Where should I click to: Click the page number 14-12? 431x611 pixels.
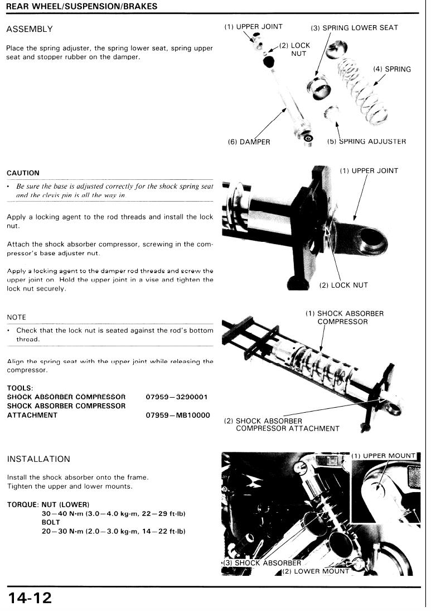30,598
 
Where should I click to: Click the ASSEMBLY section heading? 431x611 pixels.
30,29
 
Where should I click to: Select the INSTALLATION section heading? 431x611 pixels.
38,459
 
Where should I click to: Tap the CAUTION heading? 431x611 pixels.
23,173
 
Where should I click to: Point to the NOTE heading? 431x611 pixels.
16,317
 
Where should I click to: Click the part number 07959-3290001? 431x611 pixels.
176,397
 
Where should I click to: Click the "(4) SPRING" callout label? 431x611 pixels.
391,70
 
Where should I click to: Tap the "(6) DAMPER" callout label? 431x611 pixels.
249,142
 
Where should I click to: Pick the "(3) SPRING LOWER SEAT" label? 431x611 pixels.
355,28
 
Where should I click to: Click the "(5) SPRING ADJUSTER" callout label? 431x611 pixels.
366,141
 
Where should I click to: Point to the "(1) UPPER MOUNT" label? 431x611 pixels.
384,456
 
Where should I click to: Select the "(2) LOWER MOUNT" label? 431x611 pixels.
316,571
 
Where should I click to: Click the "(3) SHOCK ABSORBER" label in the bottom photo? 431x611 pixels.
262,563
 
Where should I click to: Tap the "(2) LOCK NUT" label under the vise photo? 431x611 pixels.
343,285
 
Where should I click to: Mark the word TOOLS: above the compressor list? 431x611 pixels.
20,388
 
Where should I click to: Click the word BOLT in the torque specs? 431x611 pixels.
51,523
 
